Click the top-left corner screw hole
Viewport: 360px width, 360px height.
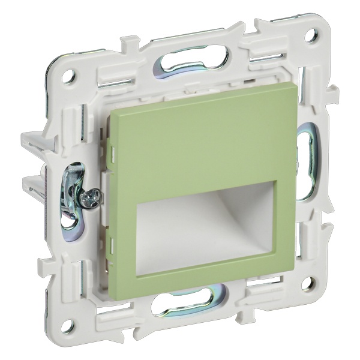tap(68, 76)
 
